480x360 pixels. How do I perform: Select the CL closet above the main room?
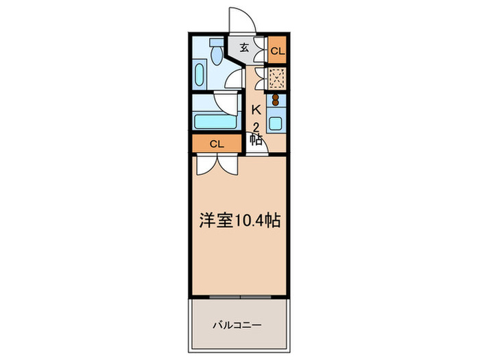216,144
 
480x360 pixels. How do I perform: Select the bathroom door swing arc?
226,103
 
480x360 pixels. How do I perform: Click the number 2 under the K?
256,126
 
